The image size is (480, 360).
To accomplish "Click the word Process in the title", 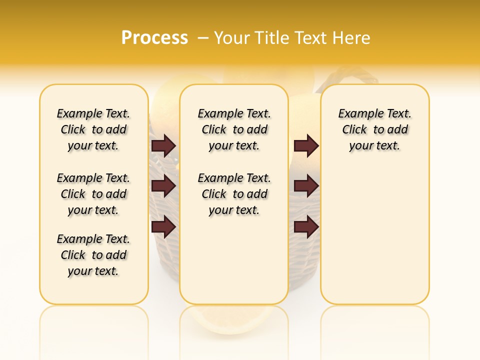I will pyautogui.click(x=154, y=38).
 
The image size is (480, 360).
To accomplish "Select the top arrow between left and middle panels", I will pyautogui.click(x=163, y=145).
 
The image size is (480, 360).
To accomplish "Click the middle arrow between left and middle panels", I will pyautogui.click(x=163, y=186).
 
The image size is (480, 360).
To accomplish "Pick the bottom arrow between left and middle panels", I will pyautogui.click(x=163, y=226).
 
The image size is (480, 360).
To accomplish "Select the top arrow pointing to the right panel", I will pyautogui.click(x=306, y=145).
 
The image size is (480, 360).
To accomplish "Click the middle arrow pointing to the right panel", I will pyautogui.click(x=306, y=186).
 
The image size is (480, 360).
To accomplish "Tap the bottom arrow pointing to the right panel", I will pyautogui.click(x=306, y=226).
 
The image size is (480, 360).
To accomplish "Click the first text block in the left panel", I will pyautogui.click(x=93, y=129).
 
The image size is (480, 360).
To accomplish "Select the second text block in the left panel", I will pyautogui.click(x=93, y=194).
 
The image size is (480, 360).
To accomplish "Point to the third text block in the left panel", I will pyautogui.click(x=93, y=255).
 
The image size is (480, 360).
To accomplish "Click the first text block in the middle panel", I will pyautogui.click(x=234, y=129).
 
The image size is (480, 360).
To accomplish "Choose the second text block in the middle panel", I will pyautogui.click(x=234, y=194).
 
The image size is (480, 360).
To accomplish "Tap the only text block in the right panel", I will pyautogui.click(x=374, y=129).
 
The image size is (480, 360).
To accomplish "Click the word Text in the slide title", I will pyautogui.click(x=309, y=38).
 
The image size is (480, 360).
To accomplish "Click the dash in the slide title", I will pyautogui.click(x=203, y=38).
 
